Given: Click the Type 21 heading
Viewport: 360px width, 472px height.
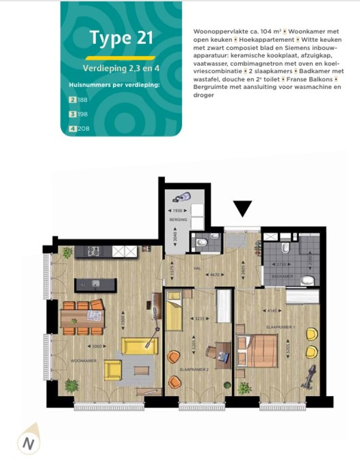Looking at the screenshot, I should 121,38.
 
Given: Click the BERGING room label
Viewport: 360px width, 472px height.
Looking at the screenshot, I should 179,219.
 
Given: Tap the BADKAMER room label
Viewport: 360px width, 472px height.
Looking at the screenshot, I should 283,277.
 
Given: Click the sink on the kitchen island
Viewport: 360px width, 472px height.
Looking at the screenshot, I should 96,284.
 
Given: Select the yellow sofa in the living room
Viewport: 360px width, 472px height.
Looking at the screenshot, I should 139,345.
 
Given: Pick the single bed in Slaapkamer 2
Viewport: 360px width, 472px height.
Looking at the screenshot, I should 174,311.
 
